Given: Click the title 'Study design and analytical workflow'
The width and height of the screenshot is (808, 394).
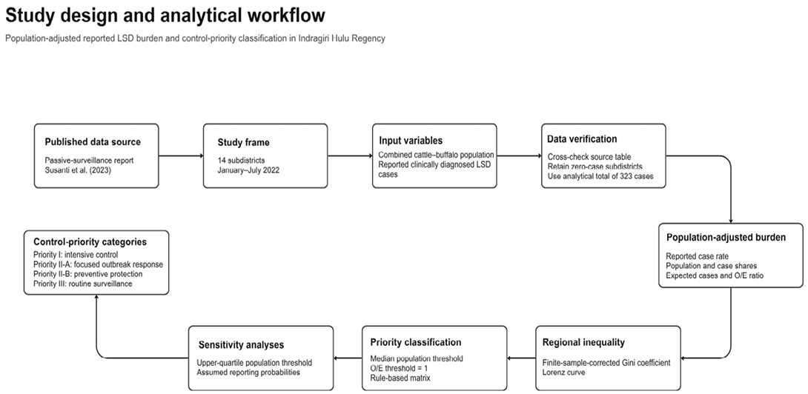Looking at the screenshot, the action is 165,16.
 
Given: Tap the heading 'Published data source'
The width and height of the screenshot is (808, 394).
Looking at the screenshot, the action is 93,142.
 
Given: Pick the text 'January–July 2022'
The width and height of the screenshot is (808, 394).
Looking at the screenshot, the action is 248,170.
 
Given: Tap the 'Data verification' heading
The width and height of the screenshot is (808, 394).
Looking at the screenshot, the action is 582,139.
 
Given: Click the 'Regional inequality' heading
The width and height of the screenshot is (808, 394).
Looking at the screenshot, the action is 584,342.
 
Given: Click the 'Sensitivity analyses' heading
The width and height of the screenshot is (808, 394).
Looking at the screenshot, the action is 241,344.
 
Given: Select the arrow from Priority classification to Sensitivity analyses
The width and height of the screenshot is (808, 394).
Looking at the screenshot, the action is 348,358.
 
